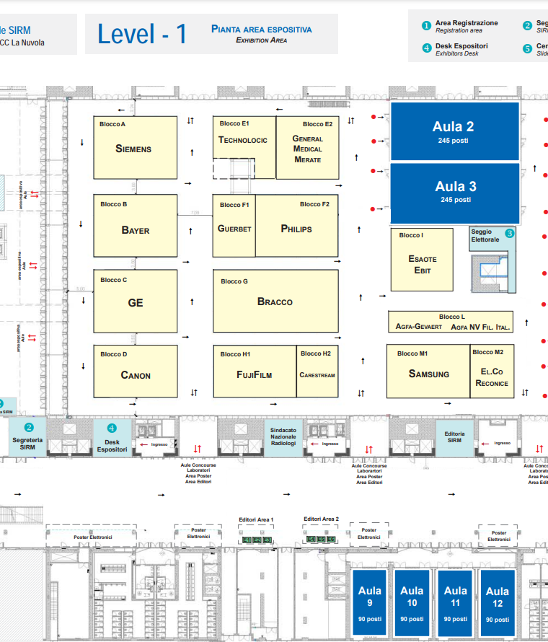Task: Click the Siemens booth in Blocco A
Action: (135, 148)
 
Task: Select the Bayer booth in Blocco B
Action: (136, 229)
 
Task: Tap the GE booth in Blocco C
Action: (136, 302)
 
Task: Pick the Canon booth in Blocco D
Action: (136, 374)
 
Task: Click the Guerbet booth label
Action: (234, 229)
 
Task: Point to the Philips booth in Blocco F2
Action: (296, 229)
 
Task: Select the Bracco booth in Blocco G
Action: (275, 301)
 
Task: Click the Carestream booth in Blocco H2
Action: (317, 374)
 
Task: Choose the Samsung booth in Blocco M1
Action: (428, 373)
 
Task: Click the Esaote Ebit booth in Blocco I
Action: (422, 264)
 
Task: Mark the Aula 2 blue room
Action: (454, 131)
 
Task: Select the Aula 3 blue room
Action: (454, 192)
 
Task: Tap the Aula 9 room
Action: (369, 602)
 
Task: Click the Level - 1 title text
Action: (142, 34)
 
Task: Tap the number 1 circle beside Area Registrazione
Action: (426, 25)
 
